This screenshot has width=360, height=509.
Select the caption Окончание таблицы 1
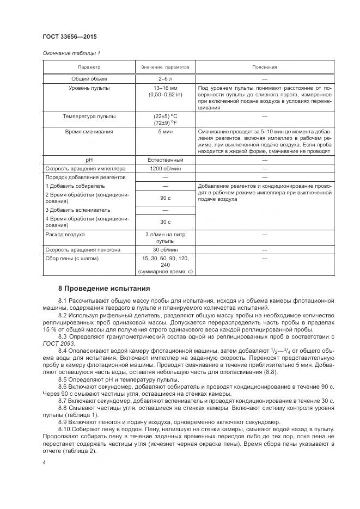[71, 53]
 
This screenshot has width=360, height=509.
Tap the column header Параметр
[89, 67]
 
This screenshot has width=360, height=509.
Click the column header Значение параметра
[165, 67]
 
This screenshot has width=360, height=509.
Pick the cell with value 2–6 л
[165, 79]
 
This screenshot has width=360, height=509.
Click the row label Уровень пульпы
[89, 88]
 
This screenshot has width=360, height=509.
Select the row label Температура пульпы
[89, 116]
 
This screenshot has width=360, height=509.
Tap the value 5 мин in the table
[165, 132]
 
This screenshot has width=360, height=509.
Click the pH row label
[89, 160]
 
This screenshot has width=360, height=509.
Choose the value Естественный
[165, 160]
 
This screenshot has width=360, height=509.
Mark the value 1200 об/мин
[165, 168]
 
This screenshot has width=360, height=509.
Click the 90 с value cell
[165, 198]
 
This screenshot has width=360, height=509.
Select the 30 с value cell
[165, 222]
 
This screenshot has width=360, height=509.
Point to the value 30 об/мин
[165, 249]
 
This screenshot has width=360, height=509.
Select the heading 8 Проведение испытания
[103, 287]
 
